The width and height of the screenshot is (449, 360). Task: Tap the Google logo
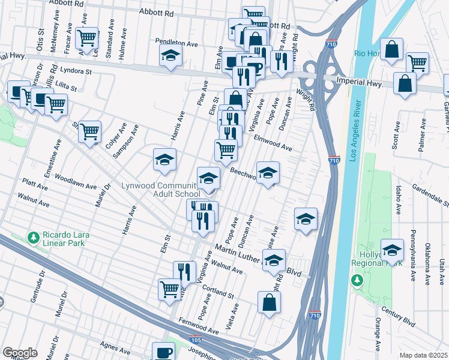click(x=20, y=352)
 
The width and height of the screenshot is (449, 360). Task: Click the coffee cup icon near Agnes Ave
click(x=163, y=351)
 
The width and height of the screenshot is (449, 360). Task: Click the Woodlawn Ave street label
click(x=75, y=182)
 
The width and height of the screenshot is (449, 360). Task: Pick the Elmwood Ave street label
click(x=273, y=143)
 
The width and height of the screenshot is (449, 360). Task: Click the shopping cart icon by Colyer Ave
click(x=89, y=131)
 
